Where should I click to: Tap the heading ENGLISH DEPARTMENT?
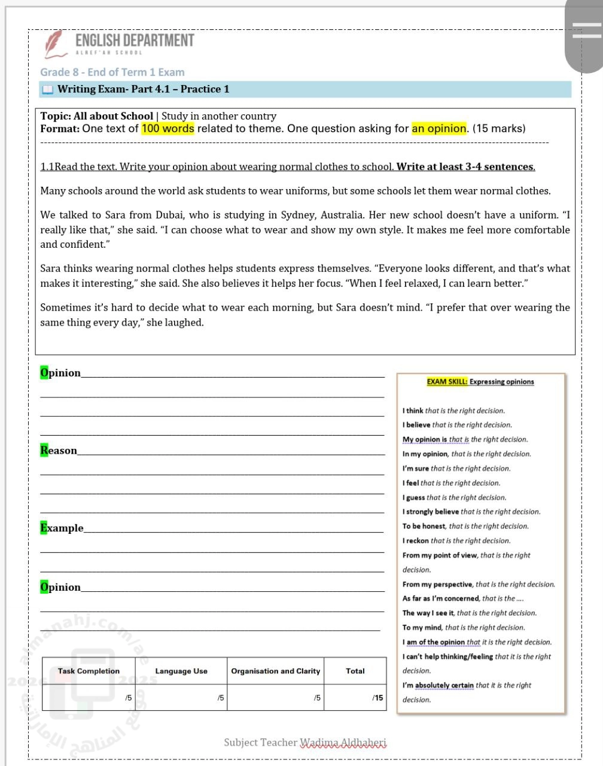coord(135,40)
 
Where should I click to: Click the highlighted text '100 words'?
coord(167,129)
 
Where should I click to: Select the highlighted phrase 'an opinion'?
coord(438,129)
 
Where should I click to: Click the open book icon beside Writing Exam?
coord(47,90)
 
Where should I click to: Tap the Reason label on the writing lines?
coord(59,451)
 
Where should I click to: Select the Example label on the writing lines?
coord(62,528)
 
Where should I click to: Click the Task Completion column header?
coord(89,671)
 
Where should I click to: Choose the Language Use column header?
coord(181,671)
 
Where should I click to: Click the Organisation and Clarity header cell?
coord(276,671)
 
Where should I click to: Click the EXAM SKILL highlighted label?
coord(447,382)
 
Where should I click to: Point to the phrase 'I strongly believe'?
coord(431,512)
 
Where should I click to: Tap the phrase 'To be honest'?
coord(424,526)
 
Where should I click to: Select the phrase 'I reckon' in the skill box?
coord(416,540)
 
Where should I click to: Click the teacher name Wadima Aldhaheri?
coord(343,743)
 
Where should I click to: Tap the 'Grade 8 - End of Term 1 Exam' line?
coord(112,72)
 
